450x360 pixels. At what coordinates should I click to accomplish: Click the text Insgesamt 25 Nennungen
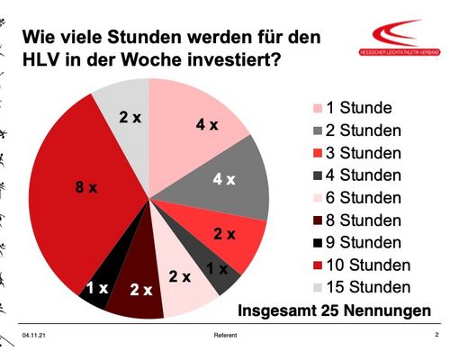[334, 312]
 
